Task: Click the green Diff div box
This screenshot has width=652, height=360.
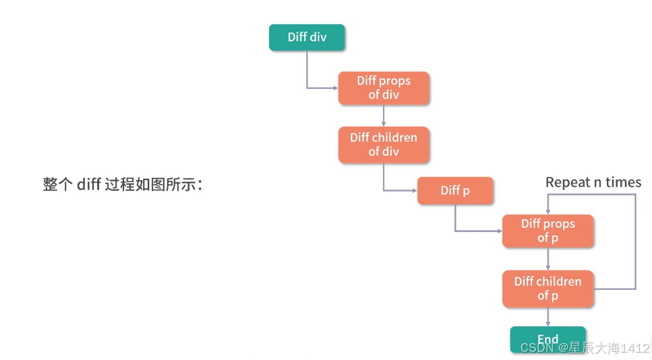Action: [307, 37]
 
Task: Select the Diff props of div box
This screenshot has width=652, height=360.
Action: [384, 88]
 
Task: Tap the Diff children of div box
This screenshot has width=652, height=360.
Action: [384, 145]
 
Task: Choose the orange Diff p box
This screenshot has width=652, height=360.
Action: [455, 190]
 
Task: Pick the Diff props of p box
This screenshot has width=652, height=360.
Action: [547, 231]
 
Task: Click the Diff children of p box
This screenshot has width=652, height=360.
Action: [547, 289]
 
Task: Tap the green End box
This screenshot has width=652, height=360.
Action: [547, 340]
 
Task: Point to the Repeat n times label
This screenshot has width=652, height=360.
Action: [593, 182]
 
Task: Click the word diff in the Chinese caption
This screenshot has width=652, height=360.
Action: [88, 184]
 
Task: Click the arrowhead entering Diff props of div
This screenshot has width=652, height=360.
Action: [335, 88]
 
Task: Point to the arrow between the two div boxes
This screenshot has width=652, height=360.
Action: [384, 115]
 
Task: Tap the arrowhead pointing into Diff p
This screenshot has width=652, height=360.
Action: [414, 190]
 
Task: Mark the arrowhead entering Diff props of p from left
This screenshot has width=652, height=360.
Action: [500, 231]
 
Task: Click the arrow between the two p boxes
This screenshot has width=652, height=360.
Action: [547, 259]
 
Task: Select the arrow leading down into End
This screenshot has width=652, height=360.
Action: [547, 317]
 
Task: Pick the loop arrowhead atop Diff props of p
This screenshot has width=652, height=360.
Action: [547, 212]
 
